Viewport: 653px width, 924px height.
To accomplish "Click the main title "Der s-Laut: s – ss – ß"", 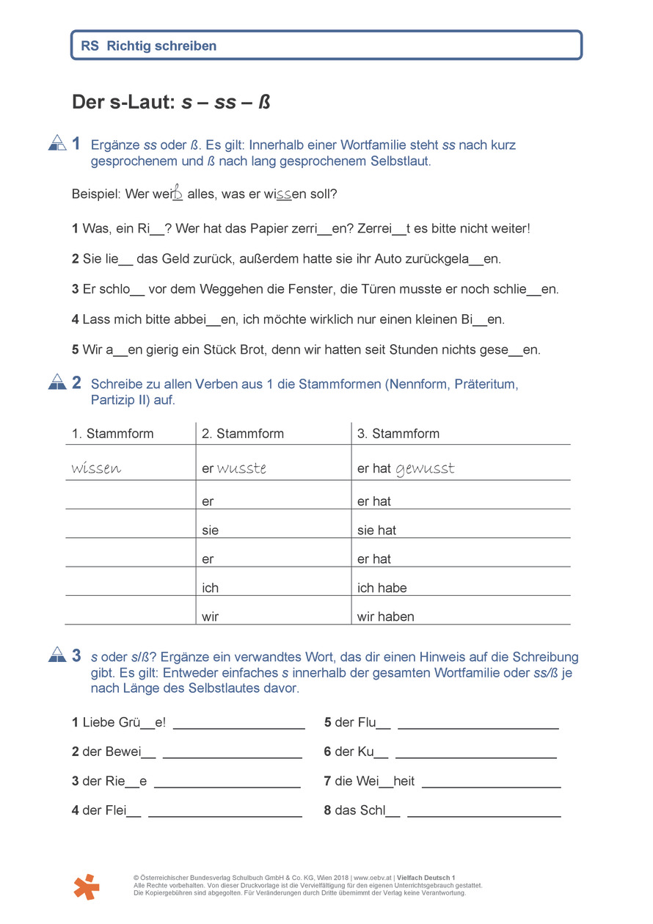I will pyautogui.click(x=171, y=102).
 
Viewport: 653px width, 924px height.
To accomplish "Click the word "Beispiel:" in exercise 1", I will pyautogui.click(x=96, y=194).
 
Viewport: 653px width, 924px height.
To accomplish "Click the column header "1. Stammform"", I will pyautogui.click(x=112, y=433).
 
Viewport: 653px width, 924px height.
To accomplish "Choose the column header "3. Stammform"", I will pyautogui.click(x=398, y=433).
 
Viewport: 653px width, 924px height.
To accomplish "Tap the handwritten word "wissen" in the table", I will pyautogui.click(x=96, y=468).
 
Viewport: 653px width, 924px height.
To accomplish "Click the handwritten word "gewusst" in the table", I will pyautogui.click(x=425, y=468).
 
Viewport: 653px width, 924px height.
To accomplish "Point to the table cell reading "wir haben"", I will pyautogui.click(x=385, y=616).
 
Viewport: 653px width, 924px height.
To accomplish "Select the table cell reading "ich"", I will pyautogui.click(x=211, y=588).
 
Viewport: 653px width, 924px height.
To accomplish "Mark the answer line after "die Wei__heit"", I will pyautogui.click(x=492, y=786).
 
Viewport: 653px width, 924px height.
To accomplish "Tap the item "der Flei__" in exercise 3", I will pyautogui.click(x=106, y=810).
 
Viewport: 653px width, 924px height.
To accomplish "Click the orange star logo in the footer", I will pyautogui.click(x=86, y=887).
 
